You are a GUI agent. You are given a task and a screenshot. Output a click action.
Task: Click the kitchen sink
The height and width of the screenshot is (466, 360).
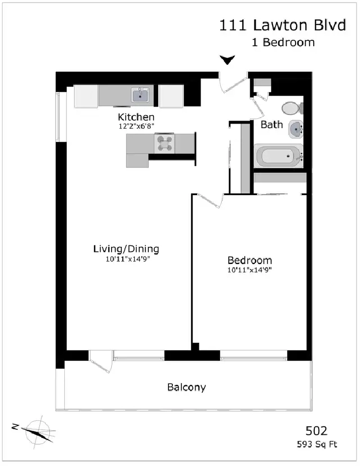140,95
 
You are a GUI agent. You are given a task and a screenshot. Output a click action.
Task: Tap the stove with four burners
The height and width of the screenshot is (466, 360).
164,144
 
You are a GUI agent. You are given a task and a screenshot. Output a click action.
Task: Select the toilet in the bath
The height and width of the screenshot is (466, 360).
292,108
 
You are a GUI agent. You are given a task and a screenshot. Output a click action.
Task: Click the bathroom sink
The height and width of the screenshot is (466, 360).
296,129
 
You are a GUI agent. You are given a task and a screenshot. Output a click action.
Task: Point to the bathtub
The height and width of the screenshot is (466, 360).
279,156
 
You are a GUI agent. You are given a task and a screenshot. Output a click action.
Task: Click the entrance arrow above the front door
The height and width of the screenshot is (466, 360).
227,60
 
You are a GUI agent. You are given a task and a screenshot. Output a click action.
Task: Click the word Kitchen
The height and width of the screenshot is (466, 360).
136,117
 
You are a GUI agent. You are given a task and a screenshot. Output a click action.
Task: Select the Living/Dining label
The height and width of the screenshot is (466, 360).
126,249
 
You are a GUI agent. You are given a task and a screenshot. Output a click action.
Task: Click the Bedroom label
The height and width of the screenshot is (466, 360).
250,260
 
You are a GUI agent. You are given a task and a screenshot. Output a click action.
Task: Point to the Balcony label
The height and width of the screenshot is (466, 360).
187,387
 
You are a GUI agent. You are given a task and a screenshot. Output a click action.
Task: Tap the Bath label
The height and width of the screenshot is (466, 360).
272,125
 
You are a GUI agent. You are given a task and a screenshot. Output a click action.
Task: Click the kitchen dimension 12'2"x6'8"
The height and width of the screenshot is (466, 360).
136,126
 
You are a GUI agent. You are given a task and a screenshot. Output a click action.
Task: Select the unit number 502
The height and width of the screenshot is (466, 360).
317,431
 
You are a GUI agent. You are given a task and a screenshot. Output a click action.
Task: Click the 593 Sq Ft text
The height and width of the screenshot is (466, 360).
317,444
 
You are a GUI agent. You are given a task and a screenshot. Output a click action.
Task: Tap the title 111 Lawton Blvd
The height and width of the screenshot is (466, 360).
283,25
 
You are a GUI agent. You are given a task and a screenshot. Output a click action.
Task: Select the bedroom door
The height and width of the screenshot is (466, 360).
210,201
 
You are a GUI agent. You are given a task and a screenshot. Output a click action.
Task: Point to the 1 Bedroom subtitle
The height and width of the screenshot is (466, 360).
283,43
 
